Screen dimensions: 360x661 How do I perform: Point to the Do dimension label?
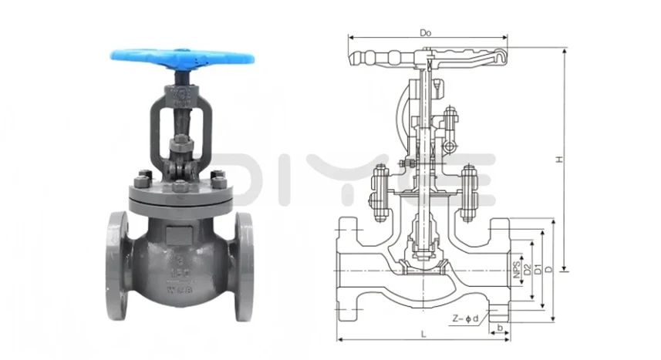click(x=424, y=32)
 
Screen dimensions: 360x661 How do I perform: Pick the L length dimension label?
click(x=423, y=332)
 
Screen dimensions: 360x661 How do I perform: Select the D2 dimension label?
click(x=527, y=269)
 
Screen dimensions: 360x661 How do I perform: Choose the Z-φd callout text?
click(x=467, y=317)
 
